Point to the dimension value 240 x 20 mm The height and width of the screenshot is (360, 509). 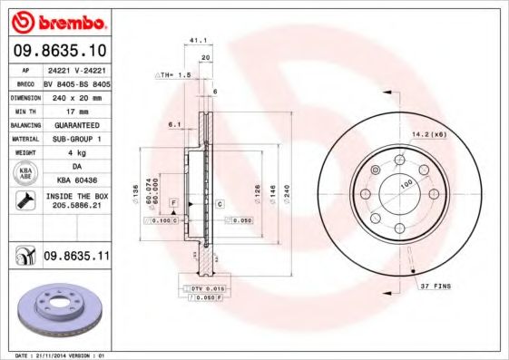(x=75, y=95)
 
